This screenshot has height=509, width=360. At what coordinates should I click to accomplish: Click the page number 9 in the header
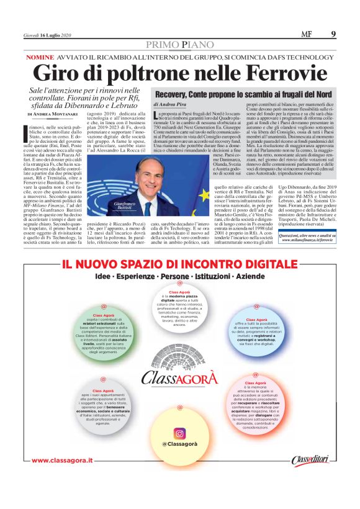coord(333,34)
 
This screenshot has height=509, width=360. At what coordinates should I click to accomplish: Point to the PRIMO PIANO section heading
coord(179,45)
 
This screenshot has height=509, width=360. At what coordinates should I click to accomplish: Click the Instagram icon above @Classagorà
coord(179,433)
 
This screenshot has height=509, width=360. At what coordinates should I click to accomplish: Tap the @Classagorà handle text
coord(179,445)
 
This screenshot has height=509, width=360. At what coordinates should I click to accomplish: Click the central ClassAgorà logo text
coord(180,377)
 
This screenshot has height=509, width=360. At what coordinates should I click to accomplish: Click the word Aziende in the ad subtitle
coord(250,293)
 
